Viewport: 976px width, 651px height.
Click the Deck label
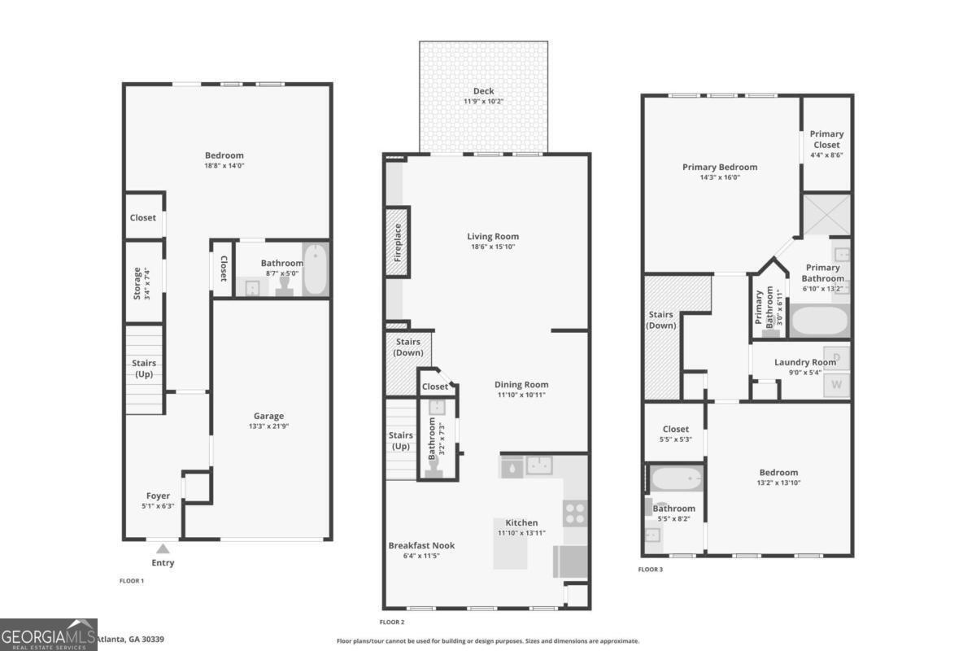point(484,91)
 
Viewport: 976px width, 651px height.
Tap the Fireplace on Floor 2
point(398,242)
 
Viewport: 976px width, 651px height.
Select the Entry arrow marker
point(163,548)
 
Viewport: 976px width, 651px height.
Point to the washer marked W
point(837,384)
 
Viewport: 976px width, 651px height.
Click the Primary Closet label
point(826,139)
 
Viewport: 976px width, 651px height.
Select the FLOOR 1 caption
point(132,581)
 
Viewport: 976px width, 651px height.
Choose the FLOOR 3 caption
point(651,570)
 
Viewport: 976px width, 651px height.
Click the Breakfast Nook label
point(421,545)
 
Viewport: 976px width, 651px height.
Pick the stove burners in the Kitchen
point(575,513)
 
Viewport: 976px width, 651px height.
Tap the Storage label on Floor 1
point(137,282)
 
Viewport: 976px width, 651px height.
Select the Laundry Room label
point(804,362)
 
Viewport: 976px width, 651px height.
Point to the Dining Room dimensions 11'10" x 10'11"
point(521,395)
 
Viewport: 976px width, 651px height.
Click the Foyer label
point(158,496)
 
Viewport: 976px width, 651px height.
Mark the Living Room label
point(493,237)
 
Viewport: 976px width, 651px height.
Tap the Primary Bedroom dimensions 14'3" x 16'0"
point(719,177)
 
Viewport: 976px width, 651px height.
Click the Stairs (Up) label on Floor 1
point(144,368)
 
